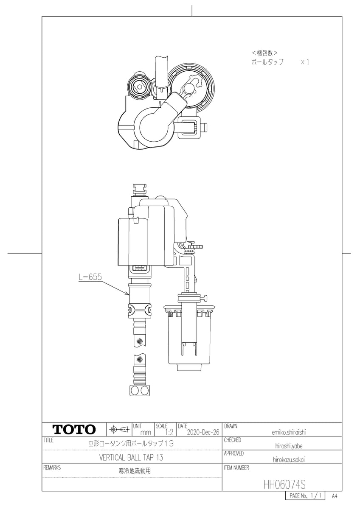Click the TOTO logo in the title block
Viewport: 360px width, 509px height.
coord(74,429)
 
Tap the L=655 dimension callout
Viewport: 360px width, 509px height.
coord(90,277)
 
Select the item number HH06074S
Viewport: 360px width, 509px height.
coord(284,484)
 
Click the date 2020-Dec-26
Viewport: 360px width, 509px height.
coord(203,432)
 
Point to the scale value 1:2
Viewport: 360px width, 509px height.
coord(169,432)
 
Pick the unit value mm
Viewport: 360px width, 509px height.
coord(146,433)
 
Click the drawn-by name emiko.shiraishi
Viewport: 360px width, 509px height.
coord(289,432)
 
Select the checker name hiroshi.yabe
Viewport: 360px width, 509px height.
coord(289,446)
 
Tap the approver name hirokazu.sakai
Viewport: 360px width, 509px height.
coord(289,460)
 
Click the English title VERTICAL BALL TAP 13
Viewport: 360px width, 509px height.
coord(131,457)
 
